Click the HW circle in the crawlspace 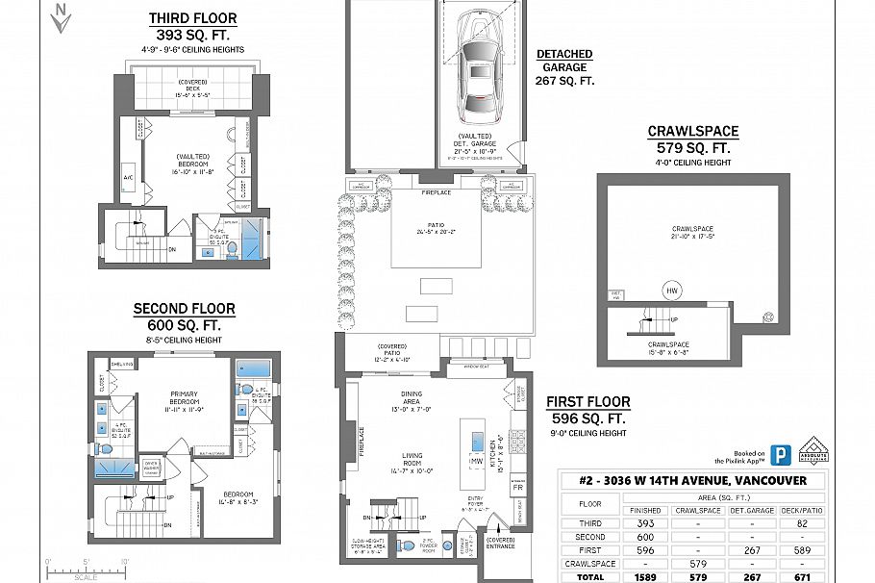pyautogui.click(x=671, y=290)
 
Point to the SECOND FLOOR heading pyautogui.click(x=184, y=309)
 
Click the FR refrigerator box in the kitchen pyautogui.click(x=518, y=489)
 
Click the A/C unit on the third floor pyautogui.click(x=128, y=178)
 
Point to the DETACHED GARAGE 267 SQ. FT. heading pyautogui.click(x=564, y=67)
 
